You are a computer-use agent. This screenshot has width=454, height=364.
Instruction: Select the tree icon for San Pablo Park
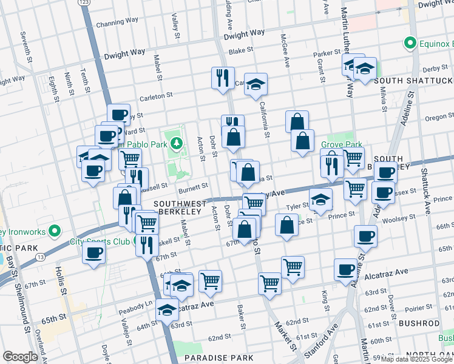[x=176, y=144]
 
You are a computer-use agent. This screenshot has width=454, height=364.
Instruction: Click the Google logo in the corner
[x=20, y=357]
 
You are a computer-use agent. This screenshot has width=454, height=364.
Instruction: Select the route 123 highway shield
[x=85, y=3]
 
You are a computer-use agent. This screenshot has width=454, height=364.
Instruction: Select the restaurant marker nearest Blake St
[x=223, y=78]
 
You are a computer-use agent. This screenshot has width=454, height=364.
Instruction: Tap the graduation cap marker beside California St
[x=256, y=84]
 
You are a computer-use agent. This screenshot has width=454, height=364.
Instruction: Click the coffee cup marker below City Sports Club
[x=93, y=253]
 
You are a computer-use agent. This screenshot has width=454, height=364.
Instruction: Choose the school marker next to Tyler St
[x=320, y=200]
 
